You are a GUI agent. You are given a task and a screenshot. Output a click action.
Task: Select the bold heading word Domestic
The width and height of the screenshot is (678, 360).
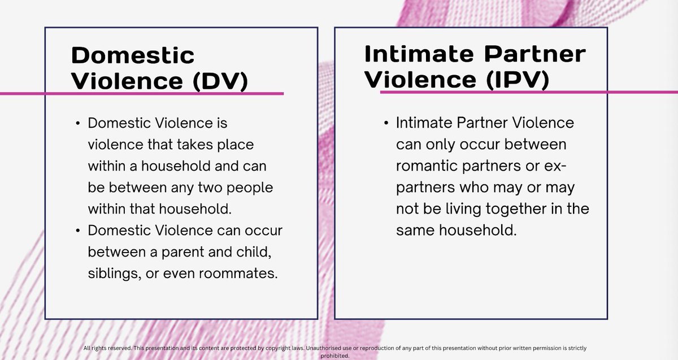[133, 55]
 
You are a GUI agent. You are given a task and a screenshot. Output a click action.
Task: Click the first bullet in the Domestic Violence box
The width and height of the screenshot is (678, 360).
[77, 123]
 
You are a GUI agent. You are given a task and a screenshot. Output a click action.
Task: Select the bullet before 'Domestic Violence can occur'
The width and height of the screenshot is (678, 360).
[77, 231]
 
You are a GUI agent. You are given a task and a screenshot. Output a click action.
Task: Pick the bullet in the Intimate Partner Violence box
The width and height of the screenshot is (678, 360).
[386, 123]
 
